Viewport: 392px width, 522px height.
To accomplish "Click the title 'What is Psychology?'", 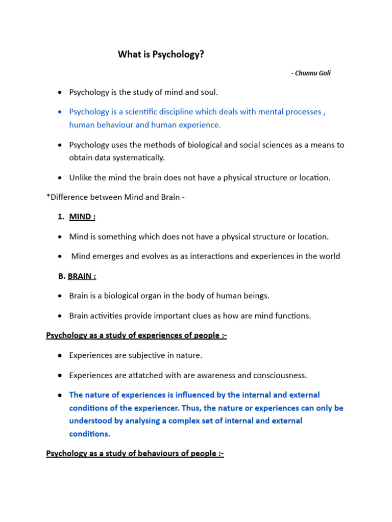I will coord(161,54).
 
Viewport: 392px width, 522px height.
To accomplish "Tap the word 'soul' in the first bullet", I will coord(207,92).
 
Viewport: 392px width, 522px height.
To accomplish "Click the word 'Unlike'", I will coord(82,177).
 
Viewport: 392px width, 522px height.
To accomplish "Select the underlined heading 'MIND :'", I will coord(82,217).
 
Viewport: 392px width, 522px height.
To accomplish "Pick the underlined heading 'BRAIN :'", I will coord(82,276).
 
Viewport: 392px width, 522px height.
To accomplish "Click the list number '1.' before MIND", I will coord(61,217).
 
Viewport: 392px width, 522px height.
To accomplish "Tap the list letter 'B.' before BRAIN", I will coord(62,276).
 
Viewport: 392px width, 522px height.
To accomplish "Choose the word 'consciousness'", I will coord(280,375).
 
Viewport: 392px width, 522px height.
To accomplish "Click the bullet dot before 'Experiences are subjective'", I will coord(60,355).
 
